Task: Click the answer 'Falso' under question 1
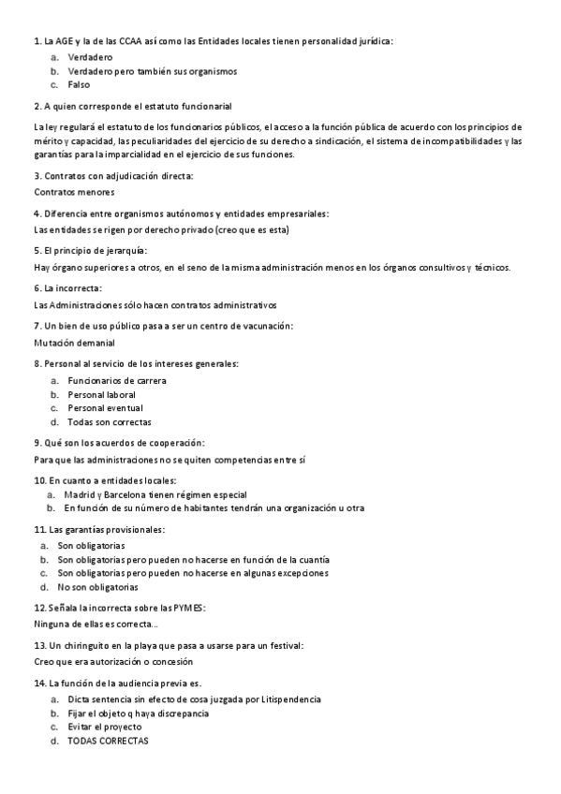tap(79, 84)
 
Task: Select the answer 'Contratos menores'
tap(74, 192)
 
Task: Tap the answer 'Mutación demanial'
tap(75, 342)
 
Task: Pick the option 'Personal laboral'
tap(102, 394)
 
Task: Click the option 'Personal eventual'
tap(105, 408)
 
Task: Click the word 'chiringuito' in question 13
tap(108, 646)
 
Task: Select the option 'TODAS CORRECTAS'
tap(108, 741)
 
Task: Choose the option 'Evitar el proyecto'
tap(105, 727)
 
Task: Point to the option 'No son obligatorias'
tap(98, 587)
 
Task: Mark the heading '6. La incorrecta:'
tap(67, 288)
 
